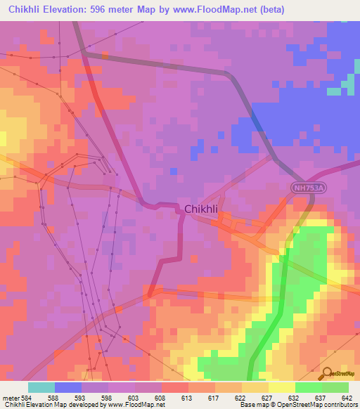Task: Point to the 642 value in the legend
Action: (347, 397)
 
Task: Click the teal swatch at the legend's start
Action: (41, 387)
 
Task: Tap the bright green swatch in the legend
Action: (308, 387)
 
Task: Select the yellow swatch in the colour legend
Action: (281, 387)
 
